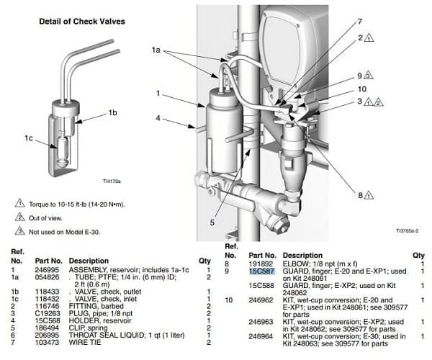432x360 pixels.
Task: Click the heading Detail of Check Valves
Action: pyautogui.click(x=82, y=22)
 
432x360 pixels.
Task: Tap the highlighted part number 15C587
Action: pyautogui.click(x=262, y=271)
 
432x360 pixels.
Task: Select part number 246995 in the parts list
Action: pyautogui.click(x=47, y=270)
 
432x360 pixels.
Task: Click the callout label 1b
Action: pyautogui.click(x=112, y=112)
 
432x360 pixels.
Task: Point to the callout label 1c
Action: pyautogui.click(x=29, y=138)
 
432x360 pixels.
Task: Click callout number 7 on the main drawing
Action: pyautogui.click(x=359, y=22)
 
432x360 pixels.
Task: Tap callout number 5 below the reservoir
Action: pyautogui.click(x=212, y=222)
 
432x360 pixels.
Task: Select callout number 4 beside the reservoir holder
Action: pyautogui.click(x=158, y=118)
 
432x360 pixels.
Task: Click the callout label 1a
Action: pyautogui.click(x=156, y=50)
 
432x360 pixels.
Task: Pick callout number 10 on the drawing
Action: pyautogui.click(x=362, y=89)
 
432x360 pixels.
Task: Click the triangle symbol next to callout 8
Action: pyautogui.click(x=369, y=195)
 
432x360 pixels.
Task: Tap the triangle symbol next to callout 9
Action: pyautogui.click(x=369, y=75)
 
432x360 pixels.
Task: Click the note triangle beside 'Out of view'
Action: pyautogui.click(x=20, y=217)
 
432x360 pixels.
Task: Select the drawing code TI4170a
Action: pyautogui.click(x=112, y=181)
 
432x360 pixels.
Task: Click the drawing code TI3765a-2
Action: pyautogui.click(x=408, y=231)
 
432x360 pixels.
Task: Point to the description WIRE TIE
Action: pyautogui.click(x=85, y=343)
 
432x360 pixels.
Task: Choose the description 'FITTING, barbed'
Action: pyautogui.click(x=96, y=306)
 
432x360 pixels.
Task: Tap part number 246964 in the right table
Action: pyautogui.click(x=261, y=336)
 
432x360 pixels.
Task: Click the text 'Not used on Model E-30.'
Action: pyautogui.click(x=65, y=232)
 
